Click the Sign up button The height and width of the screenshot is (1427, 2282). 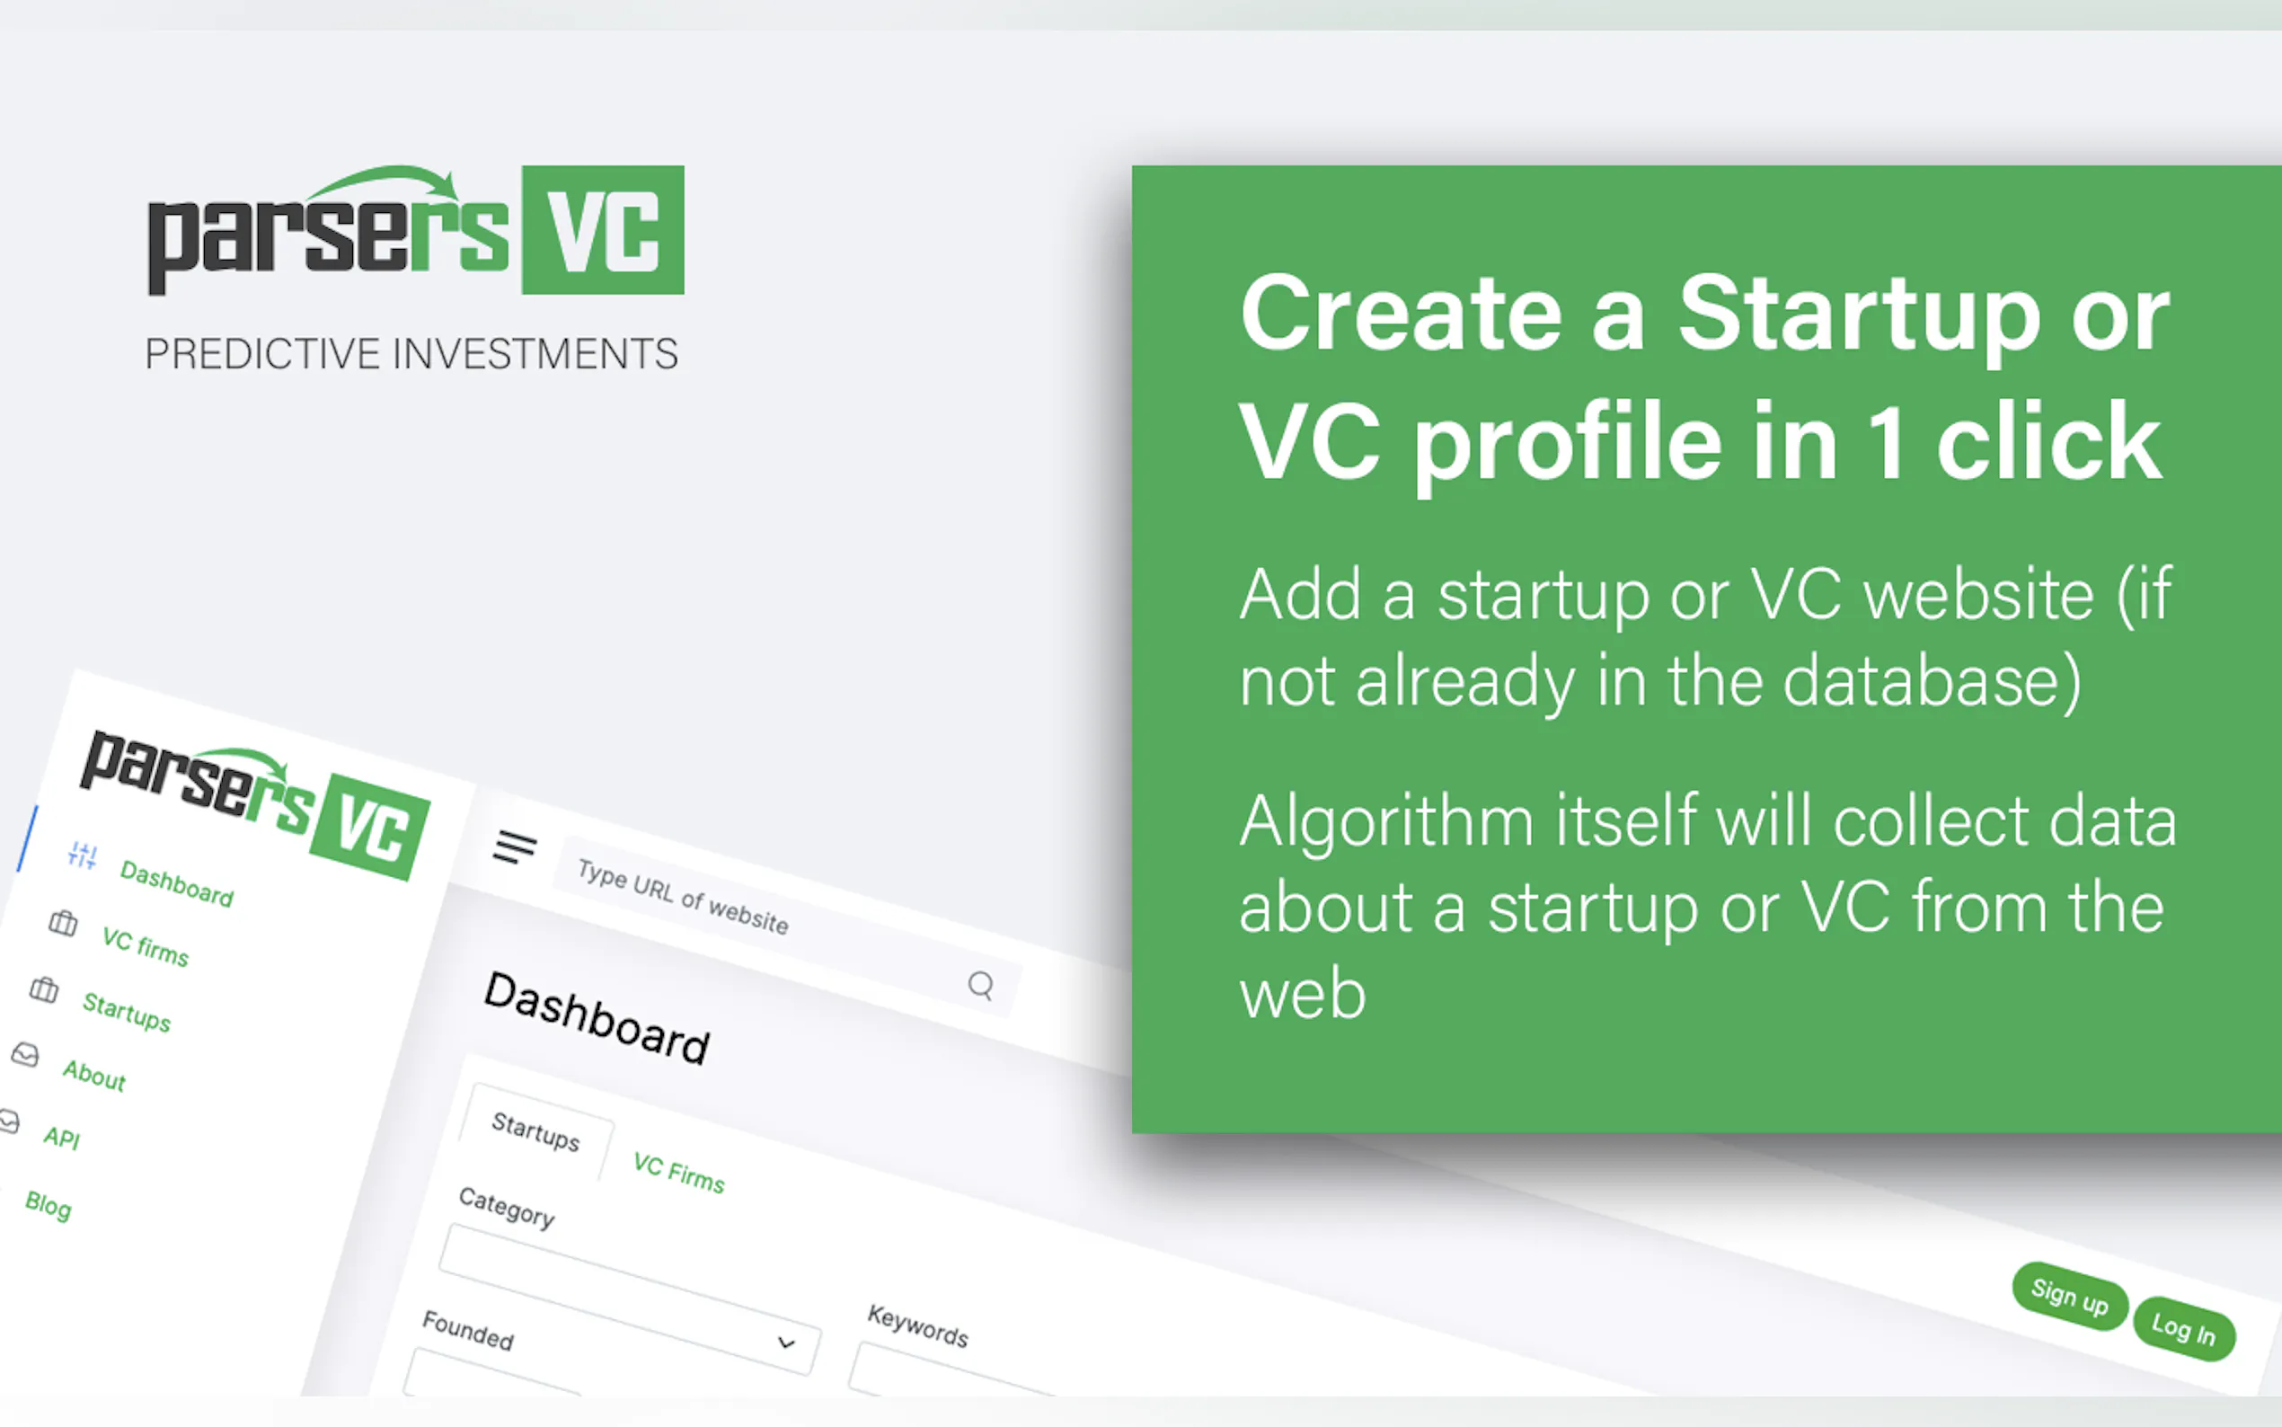coord(2070,1297)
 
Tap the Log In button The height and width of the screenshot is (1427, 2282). coord(2184,1330)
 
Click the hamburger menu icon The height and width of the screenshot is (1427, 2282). coord(514,846)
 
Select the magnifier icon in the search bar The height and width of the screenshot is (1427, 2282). coord(981,985)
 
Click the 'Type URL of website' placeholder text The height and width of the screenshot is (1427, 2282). coord(683,897)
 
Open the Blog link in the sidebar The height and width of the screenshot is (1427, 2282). coord(49,1205)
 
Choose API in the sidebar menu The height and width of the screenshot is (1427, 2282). coord(62,1138)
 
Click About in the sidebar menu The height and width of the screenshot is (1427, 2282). coord(94,1075)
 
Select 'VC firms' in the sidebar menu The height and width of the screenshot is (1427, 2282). coord(146,946)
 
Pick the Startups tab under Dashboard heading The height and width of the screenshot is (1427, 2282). coord(535,1130)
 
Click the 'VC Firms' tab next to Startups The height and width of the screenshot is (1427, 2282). coord(679,1173)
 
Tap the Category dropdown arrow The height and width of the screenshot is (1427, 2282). coord(786,1342)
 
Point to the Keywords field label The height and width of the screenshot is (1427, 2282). coord(918,1326)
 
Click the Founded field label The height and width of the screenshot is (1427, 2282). coord(468,1331)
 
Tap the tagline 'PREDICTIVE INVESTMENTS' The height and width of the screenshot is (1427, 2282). coord(411,354)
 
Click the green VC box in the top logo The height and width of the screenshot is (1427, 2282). coord(603,230)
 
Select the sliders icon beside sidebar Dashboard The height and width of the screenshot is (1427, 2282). coord(82,855)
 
